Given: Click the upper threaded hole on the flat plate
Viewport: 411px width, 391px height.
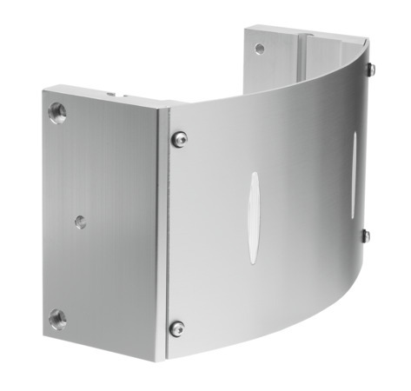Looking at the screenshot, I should [57, 112].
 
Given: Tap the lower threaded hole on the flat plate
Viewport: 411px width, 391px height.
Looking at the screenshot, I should [57, 317].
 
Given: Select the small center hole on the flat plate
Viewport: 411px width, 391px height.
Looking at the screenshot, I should [80, 222].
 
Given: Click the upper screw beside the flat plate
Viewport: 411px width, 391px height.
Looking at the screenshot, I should [178, 137].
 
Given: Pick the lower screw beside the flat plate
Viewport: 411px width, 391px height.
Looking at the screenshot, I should [177, 328].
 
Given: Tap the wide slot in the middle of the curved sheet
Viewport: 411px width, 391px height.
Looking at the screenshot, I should [253, 216].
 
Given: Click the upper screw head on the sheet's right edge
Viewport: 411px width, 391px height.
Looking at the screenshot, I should [370, 69].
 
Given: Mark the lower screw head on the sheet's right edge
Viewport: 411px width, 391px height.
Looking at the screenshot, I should [366, 235].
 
